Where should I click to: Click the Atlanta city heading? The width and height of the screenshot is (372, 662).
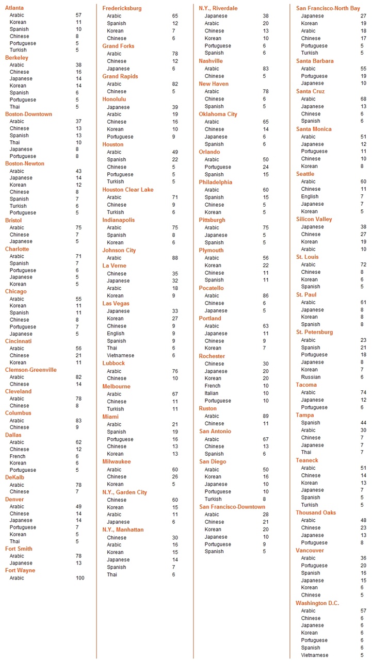pyautogui.click(x=14, y=8)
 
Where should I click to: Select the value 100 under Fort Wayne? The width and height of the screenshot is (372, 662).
pyautogui.click(x=79, y=578)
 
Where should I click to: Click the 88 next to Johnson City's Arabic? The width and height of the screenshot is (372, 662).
pyautogui.click(x=175, y=258)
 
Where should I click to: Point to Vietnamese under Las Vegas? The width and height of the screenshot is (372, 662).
pyautogui.click(x=120, y=355)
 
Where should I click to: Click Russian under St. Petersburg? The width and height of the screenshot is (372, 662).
pyautogui.click(x=311, y=377)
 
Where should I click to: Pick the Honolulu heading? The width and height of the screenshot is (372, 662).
pyautogui.click(x=114, y=99)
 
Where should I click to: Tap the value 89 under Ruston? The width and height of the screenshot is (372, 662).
pyautogui.click(x=265, y=416)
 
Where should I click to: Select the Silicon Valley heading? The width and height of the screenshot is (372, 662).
pyautogui.click(x=314, y=219)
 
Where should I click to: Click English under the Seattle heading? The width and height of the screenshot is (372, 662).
pyautogui.click(x=310, y=196)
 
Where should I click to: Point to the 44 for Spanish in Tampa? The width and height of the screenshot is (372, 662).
pyautogui.click(x=363, y=423)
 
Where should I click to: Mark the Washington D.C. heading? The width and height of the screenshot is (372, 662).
pyautogui.click(x=317, y=603)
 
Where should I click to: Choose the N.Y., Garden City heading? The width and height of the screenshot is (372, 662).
pyautogui.click(x=124, y=492)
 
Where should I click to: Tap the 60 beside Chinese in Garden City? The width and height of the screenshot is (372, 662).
pyautogui.click(x=175, y=500)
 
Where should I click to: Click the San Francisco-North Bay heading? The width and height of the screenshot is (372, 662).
pyautogui.click(x=328, y=8)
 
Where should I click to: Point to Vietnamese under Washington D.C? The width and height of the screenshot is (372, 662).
pyautogui.click(x=315, y=655)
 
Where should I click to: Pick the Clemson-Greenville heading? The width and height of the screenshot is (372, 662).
pyautogui.click(x=31, y=370)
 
